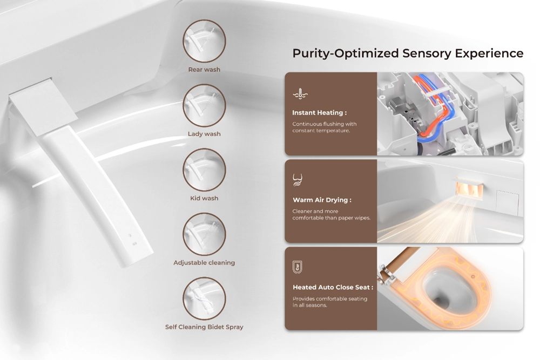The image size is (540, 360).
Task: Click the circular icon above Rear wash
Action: coord(204,41)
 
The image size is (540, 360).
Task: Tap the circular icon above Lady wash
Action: coord(204,105)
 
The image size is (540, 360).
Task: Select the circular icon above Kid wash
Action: coord(204,169)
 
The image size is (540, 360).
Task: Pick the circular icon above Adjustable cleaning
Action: coord(204,234)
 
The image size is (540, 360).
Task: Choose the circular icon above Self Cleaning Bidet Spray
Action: coord(204,298)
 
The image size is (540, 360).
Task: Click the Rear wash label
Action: coord(204,70)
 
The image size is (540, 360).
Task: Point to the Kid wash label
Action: coord(204,198)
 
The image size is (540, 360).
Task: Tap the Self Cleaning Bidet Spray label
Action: coord(204,327)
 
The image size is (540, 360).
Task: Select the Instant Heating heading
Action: coord(319,113)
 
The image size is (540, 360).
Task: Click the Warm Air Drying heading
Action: coord(322,200)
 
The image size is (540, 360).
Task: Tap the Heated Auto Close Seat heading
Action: coord(333,287)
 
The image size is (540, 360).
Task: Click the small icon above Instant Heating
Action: coord(300,94)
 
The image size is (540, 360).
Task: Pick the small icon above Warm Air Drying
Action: coord(298,180)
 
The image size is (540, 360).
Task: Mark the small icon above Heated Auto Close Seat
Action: coord(298,267)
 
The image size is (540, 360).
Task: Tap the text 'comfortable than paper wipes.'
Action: coord(331,218)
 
